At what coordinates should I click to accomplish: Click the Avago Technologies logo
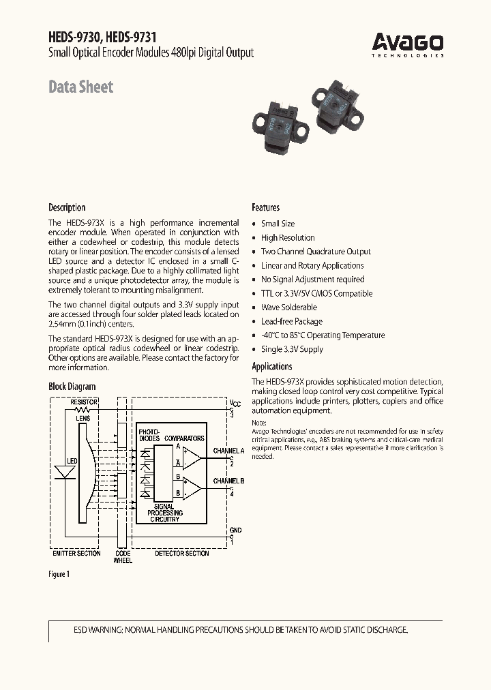[408, 45]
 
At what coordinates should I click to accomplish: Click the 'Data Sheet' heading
[80, 87]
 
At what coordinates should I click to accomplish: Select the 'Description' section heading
[67, 207]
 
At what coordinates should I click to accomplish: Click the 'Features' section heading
[265, 207]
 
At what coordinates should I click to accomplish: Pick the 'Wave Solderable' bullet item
[289, 307]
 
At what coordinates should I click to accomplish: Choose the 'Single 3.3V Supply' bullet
[292, 349]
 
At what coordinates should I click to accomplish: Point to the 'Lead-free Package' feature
[291, 321]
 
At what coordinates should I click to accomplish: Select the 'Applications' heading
[272, 366]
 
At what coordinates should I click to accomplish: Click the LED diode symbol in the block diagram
[64, 472]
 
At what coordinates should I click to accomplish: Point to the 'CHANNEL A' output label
[228, 451]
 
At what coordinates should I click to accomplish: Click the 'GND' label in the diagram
[235, 530]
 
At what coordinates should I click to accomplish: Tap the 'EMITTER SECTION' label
[77, 553]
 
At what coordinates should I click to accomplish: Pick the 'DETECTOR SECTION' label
[181, 553]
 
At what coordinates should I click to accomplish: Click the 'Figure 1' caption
[59, 574]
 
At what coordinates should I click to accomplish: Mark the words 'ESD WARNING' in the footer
[98, 630]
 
